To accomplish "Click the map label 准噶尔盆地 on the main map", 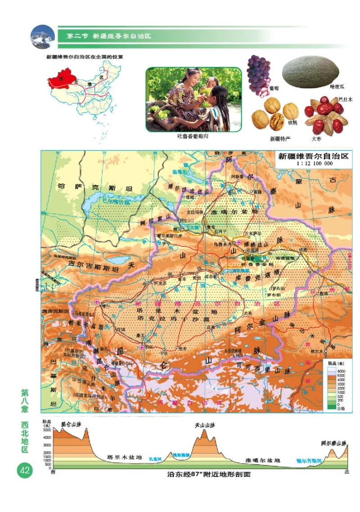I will coord(235,211).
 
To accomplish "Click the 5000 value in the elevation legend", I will coord(341,375).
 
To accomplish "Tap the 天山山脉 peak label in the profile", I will coord(205,425).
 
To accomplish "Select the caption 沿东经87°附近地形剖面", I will coord(208,474).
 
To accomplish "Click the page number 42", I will coord(24,471).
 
